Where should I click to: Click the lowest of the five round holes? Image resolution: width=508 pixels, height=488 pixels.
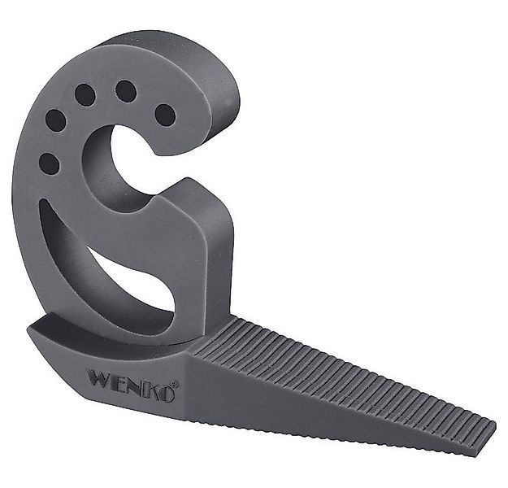49,163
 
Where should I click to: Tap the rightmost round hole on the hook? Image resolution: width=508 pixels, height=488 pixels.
165,115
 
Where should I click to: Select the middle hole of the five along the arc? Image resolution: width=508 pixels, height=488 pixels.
85,95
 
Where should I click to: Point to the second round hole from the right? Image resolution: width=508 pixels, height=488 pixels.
126,90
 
